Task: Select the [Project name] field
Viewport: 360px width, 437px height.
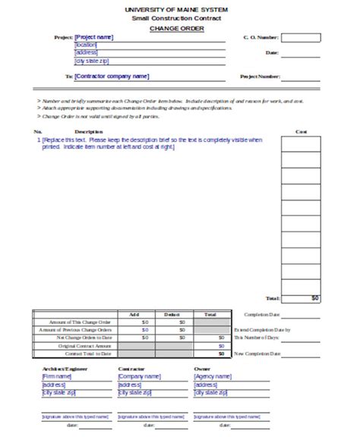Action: pyautogui.click(x=94, y=36)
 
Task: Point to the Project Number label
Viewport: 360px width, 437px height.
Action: pyautogui.click(x=260, y=77)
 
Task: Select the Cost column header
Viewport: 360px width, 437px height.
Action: pyautogui.click(x=301, y=130)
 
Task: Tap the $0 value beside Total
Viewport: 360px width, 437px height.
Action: pyautogui.click(x=314, y=298)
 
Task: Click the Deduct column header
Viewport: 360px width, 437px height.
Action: pyautogui.click(x=171, y=313)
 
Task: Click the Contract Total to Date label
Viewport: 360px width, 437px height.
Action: pyautogui.click(x=89, y=353)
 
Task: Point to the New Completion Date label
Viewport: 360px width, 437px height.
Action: pyautogui.click(x=257, y=353)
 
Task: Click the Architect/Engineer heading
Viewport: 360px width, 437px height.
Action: pyautogui.click(x=62, y=368)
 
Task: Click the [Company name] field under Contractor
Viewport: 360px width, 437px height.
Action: pyautogui.click(x=139, y=376)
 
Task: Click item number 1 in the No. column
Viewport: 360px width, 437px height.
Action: pyautogui.click(x=39, y=140)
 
